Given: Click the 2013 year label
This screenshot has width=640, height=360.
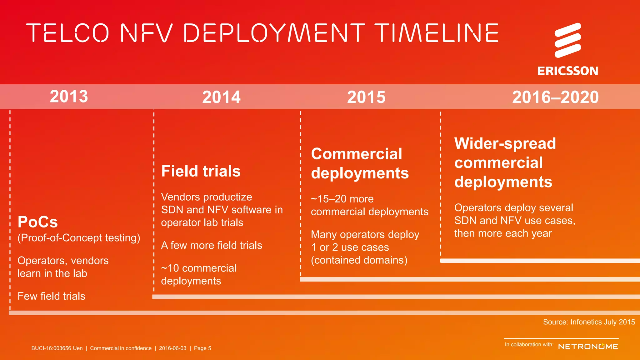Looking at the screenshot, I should click(x=69, y=96).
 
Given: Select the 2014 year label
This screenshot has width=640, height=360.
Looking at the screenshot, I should click(x=221, y=97).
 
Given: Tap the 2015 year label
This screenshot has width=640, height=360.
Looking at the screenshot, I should click(x=366, y=97).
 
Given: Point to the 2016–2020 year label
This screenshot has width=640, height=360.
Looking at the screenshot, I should click(x=555, y=97).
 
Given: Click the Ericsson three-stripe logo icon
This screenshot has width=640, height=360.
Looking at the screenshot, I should click(x=568, y=40).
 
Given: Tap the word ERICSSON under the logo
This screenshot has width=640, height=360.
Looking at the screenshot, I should click(x=567, y=71).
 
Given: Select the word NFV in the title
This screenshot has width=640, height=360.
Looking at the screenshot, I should click(x=146, y=33).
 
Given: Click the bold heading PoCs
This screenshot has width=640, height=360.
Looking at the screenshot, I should click(x=37, y=222).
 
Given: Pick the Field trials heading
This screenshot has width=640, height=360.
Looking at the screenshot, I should click(x=201, y=171).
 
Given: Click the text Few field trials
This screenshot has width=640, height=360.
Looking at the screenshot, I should click(x=51, y=296).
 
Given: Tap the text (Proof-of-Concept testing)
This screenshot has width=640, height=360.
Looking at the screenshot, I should click(x=79, y=238).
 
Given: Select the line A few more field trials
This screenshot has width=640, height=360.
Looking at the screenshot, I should click(x=211, y=245).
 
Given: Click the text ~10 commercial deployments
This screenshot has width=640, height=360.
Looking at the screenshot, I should click(x=198, y=274).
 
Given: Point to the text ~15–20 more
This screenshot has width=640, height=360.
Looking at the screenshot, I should click(x=342, y=199).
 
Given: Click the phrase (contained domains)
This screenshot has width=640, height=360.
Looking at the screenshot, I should click(x=359, y=260).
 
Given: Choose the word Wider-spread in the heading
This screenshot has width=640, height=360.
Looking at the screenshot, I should click(x=505, y=143).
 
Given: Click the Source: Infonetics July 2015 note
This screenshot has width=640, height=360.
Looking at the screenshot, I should click(x=589, y=322).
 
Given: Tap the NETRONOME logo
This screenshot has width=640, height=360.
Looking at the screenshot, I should click(x=588, y=347).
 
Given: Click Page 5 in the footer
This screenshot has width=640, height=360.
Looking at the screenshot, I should click(x=202, y=348).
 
